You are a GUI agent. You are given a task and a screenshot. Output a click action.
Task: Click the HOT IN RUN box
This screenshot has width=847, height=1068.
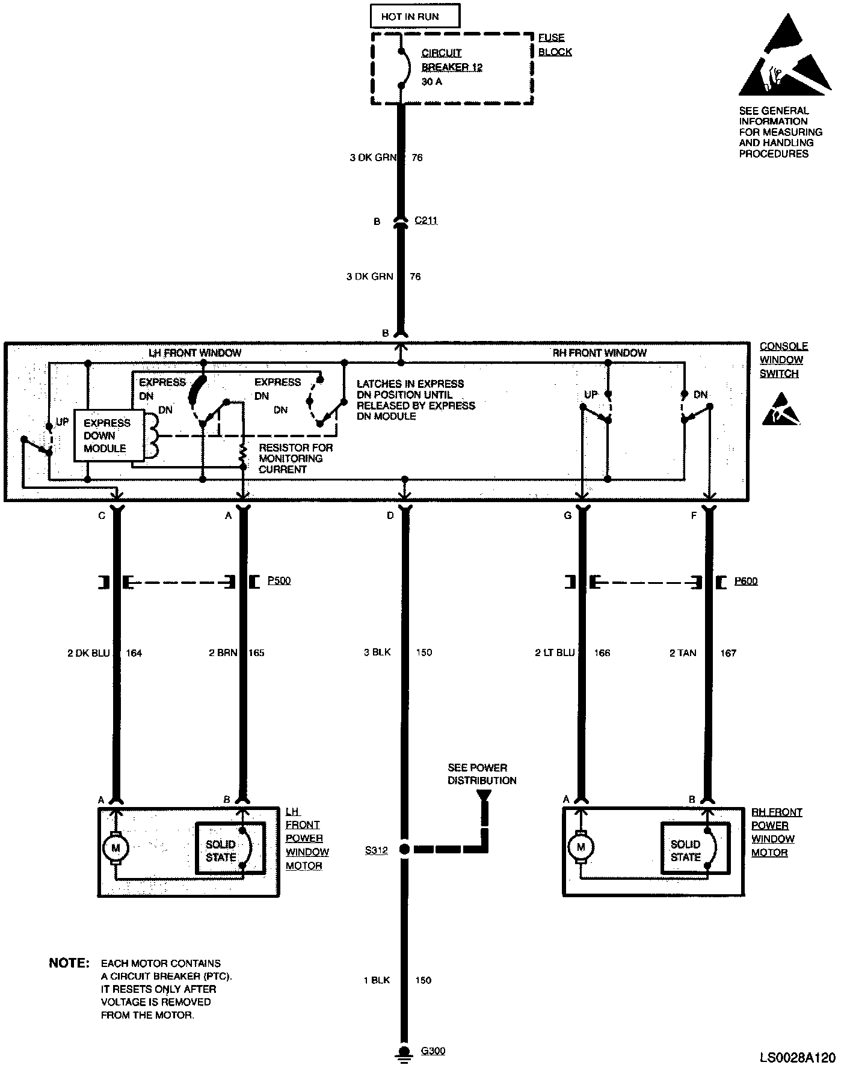click(x=414, y=17)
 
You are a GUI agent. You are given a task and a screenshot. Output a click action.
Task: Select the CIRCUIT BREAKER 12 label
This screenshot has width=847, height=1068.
click(x=451, y=60)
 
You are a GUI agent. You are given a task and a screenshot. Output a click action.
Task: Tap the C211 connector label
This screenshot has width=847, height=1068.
click(x=426, y=221)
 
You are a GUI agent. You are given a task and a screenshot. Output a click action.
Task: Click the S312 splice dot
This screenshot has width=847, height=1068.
click(x=405, y=850)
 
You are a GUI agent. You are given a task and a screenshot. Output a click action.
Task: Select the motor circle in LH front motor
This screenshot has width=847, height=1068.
click(x=116, y=849)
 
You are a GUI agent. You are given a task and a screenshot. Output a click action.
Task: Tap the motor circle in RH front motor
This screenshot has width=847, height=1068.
click(x=581, y=847)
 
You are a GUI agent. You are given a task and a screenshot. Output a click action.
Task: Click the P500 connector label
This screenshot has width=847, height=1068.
click(x=279, y=581)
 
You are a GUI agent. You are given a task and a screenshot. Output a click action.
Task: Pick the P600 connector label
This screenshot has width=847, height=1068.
click(x=746, y=581)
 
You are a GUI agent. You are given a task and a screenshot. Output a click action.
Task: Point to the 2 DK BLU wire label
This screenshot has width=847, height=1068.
click(x=88, y=652)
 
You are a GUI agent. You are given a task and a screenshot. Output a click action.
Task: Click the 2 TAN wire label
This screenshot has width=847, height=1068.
click(x=683, y=652)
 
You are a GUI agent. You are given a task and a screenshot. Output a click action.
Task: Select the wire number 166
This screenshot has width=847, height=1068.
click(x=602, y=652)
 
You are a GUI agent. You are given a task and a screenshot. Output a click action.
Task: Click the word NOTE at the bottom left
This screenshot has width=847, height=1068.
click(x=69, y=963)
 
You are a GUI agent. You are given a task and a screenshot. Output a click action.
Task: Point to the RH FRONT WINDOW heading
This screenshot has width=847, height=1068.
click(x=599, y=353)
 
